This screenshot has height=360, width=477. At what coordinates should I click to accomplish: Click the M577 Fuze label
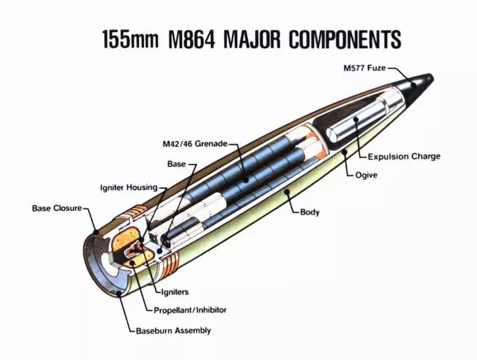pos(365,68)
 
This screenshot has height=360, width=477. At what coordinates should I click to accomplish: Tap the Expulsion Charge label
pos(403,156)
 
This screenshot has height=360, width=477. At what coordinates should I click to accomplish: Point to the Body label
pos(310,212)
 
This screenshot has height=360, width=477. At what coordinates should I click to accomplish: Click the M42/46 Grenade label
pos(191,144)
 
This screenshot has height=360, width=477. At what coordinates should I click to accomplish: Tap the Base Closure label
pos(57,209)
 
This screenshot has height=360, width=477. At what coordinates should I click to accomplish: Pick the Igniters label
pos(175,292)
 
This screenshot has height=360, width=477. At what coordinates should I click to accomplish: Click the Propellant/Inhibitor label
pos(190,310)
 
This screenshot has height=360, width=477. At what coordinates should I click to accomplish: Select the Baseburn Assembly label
pos(173,330)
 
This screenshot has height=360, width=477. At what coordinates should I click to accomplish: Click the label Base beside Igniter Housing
pos(176,164)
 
